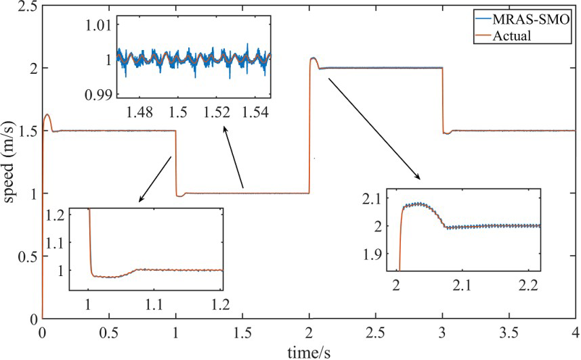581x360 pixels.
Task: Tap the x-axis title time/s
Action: (x=309, y=352)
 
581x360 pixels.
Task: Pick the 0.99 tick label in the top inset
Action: (x=97, y=94)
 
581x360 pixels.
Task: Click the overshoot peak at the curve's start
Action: (x=47, y=115)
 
